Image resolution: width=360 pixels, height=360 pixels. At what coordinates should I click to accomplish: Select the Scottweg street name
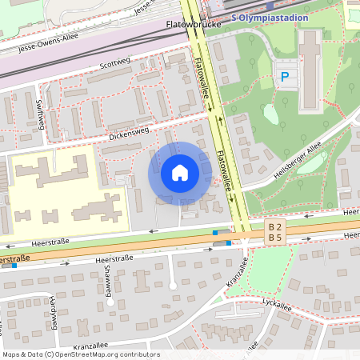click(114, 63)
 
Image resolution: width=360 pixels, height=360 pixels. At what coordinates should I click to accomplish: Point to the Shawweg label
click(107, 278)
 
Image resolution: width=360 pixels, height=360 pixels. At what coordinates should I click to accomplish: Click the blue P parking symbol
click(284, 77)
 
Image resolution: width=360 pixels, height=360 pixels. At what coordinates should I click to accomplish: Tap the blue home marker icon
click(179, 173)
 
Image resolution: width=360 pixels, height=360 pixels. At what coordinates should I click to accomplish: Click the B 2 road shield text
click(275, 227)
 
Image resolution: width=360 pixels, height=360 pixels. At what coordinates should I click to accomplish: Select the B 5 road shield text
click(275, 238)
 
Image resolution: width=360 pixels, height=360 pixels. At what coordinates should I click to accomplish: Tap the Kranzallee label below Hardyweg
click(90, 346)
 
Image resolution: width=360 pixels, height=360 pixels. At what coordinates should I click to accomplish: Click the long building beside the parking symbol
click(310, 72)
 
